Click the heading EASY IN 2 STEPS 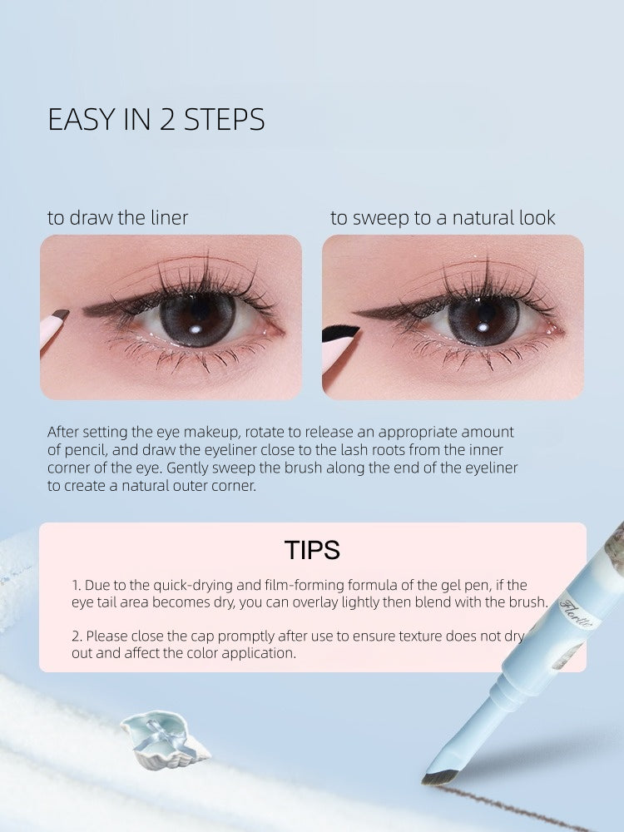156,120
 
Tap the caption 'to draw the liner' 117,218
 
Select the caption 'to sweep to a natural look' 443,218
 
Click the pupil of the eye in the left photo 197,319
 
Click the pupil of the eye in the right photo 483,320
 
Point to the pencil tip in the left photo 59,315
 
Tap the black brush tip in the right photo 341,333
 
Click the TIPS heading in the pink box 312,550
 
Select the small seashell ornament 164,736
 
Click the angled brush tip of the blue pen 439,775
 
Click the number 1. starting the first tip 76,586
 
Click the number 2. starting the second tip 77,636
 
